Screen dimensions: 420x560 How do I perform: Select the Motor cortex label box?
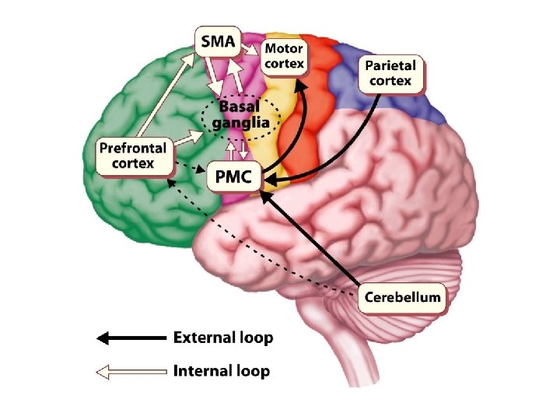[285, 54]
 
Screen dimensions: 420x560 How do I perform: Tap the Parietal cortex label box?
[390, 73]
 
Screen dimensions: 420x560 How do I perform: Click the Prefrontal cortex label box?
[132, 156]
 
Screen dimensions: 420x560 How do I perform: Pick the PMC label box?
[234, 177]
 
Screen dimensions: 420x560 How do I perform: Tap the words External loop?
[222, 338]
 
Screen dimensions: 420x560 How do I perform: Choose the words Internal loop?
[222, 371]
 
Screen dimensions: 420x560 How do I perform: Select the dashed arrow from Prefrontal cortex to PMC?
[190, 170]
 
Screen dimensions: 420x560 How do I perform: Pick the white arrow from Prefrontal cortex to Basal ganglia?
[187, 139]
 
